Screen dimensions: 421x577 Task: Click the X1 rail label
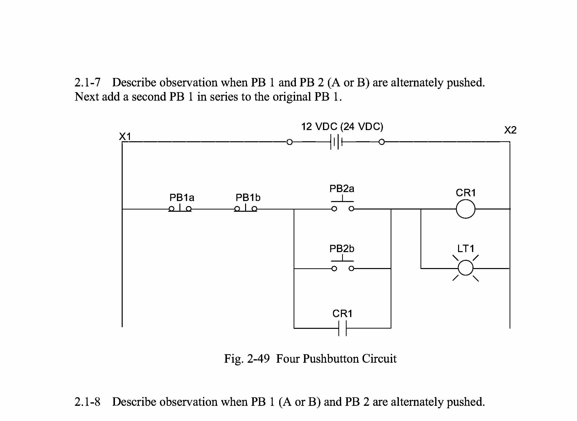pos(125,137)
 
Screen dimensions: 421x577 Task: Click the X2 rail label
pos(510,130)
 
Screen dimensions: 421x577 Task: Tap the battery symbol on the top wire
pos(336,142)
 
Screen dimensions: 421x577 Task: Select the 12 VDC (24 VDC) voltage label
pos(342,127)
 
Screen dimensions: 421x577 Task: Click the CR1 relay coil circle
pos(466,209)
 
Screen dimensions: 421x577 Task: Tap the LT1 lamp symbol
pos(466,268)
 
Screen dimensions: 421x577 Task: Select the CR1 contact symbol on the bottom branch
pos(343,328)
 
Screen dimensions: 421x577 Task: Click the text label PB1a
pos(182,198)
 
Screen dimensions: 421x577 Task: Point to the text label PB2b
pos(342,248)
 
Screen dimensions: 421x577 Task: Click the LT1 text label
pos(466,248)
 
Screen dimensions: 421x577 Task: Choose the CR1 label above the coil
pos(466,193)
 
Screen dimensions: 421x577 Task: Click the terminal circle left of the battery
pos(289,142)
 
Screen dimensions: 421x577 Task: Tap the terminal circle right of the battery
pos(381,142)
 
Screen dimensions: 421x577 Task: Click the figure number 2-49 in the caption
pos(258,359)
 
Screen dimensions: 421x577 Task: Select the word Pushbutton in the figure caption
pos(331,359)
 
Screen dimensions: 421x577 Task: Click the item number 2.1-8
pos(87,402)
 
